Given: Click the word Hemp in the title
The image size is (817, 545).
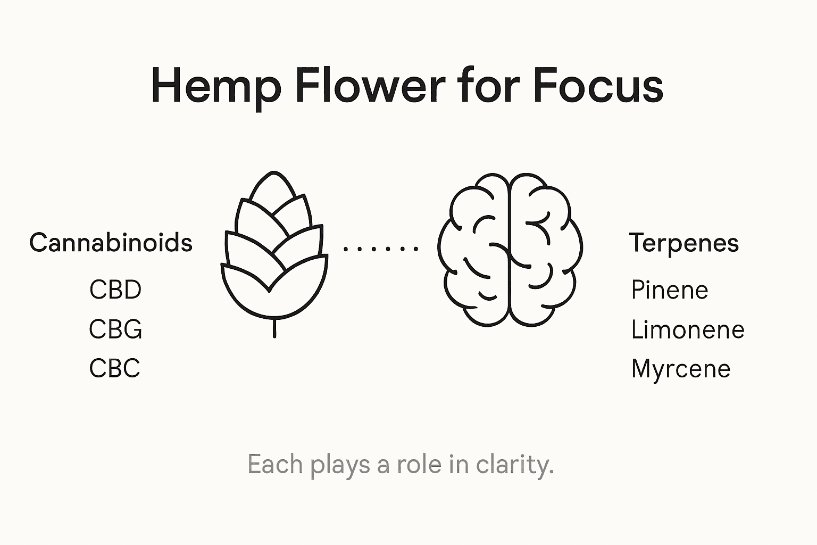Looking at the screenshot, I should tap(215, 86).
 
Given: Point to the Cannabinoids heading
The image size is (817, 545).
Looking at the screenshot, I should tap(111, 243).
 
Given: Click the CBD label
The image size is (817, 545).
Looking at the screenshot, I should tap(115, 290).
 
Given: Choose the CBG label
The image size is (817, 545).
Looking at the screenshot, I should tap(115, 329).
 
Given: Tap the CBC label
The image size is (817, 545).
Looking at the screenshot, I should tap(115, 368).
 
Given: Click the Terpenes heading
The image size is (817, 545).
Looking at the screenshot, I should tap(684, 243).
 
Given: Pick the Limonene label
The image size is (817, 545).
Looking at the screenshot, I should tap(687, 329).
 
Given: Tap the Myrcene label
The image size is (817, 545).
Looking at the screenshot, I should tap(681, 369).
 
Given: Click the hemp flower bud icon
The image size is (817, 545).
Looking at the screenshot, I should tap(273, 250).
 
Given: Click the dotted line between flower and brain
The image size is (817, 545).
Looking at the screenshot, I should tap(381, 248).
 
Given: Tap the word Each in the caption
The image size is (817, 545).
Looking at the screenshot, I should tap(274, 465).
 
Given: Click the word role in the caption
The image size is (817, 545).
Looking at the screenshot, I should tap(419, 465).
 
